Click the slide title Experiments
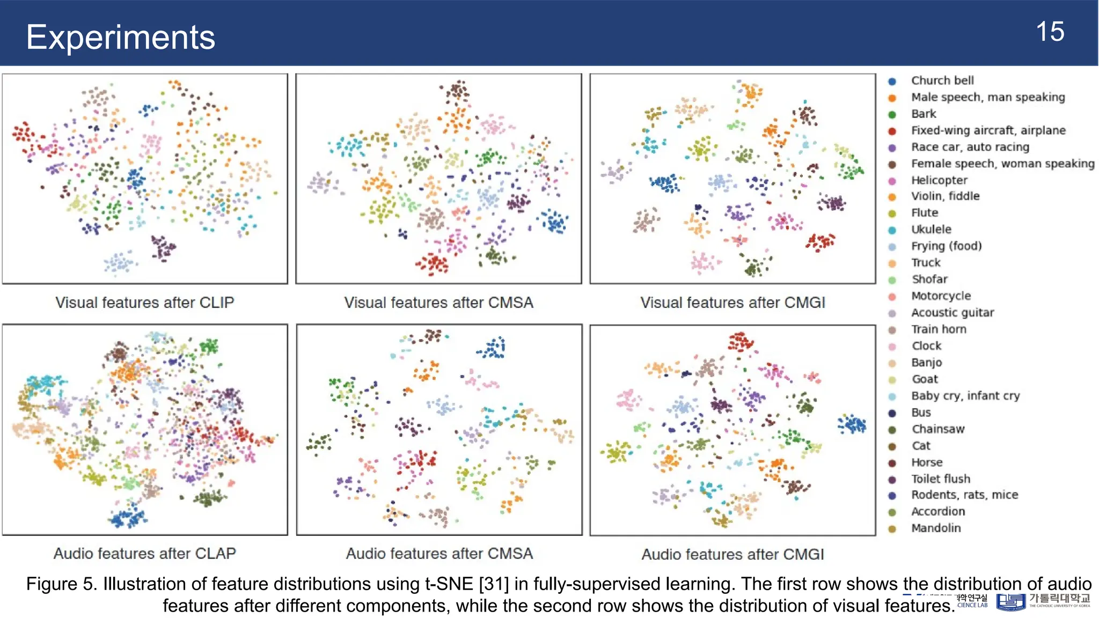coord(120,37)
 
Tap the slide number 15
coord(1050,32)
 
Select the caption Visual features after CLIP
coord(144,303)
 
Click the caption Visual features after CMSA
coord(438,303)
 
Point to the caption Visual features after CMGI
coord(732,303)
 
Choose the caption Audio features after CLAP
coord(144,553)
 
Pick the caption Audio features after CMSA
coord(439,553)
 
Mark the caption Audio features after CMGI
coord(732,554)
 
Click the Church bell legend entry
coord(942,80)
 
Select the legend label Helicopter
coord(939,180)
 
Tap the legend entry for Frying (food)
coord(946,246)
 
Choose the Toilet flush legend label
coord(940,479)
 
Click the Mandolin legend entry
coord(936,528)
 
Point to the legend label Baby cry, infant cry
coord(965,396)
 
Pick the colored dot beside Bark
coord(892,114)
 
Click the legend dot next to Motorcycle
coord(892,297)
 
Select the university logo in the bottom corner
coord(1010,602)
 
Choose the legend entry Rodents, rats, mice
coord(964,495)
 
